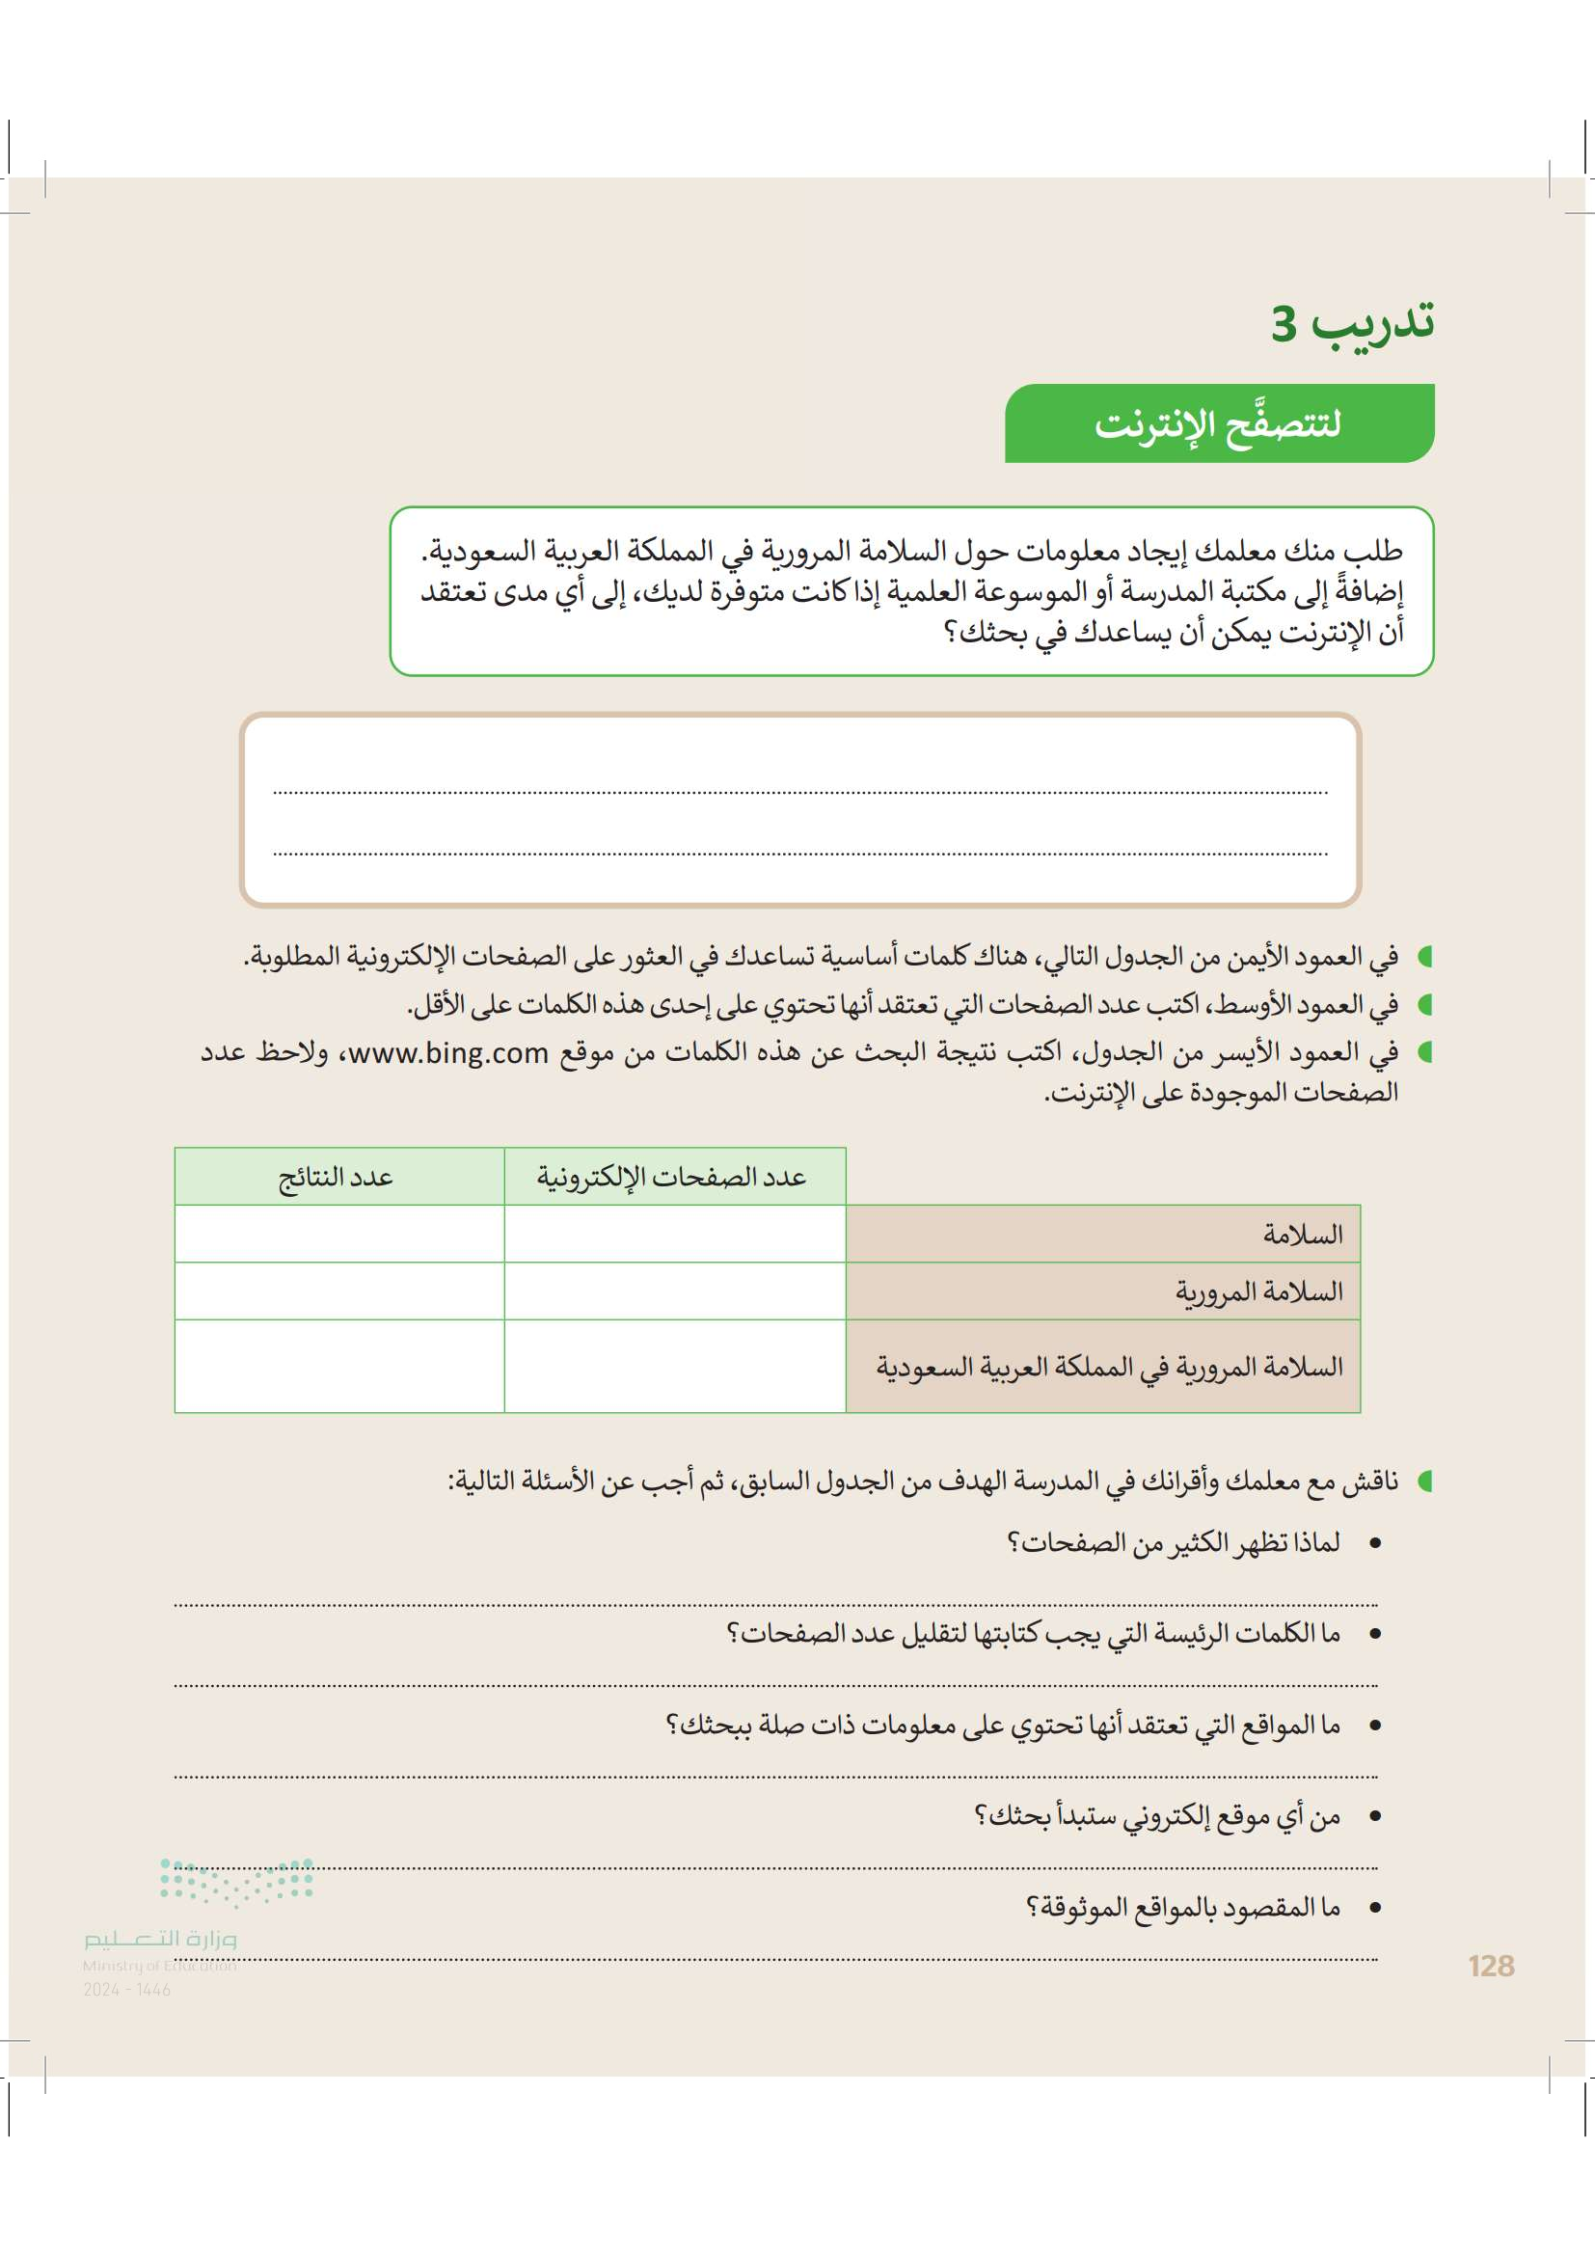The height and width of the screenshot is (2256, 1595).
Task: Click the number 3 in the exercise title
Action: [1284, 323]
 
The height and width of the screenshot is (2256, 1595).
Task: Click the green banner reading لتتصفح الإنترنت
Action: [1218, 423]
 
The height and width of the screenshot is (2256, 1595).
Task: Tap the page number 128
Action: [1491, 1966]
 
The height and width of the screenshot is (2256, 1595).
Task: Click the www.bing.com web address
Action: [448, 1053]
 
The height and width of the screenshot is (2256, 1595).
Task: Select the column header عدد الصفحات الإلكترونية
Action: [674, 1176]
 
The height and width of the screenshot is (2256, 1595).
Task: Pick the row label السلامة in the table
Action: [1302, 1235]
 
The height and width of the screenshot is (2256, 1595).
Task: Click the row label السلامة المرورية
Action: [1259, 1291]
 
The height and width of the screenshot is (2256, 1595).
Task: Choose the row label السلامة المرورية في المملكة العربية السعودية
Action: [1110, 1367]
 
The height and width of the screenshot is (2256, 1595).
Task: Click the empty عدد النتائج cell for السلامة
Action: [338, 1235]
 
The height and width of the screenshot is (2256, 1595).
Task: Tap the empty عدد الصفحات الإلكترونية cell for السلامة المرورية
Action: [674, 1291]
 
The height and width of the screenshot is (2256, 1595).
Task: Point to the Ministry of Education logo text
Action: [160, 1940]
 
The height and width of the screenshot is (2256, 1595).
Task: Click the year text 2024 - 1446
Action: [126, 1990]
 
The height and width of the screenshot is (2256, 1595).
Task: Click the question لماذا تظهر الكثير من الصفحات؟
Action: [1174, 1543]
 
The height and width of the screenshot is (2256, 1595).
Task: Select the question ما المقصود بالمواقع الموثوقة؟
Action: [1183, 1908]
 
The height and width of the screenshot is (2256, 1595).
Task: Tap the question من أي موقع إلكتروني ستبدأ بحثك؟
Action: [1157, 1817]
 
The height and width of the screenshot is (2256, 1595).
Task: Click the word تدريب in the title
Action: [1374, 321]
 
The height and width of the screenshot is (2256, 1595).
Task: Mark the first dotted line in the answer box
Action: [799, 791]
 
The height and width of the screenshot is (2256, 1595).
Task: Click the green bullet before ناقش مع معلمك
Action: [1425, 1481]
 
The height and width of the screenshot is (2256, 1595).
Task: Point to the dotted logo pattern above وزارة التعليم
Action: [236, 1881]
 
